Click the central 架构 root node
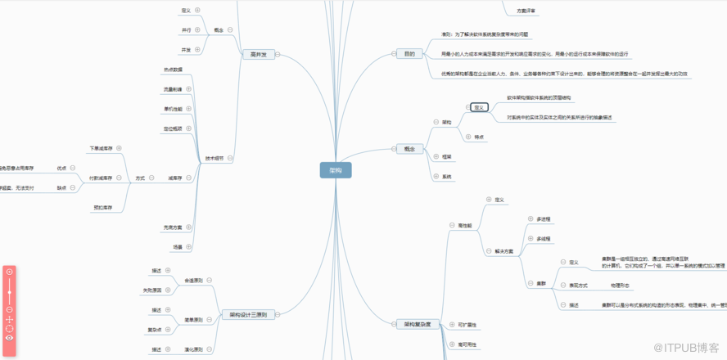click(x=336, y=170)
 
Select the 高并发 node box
click(x=258, y=55)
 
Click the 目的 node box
click(x=409, y=55)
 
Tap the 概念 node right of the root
click(x=409, y=149)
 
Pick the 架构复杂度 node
click(x=417, y=324)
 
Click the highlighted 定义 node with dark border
click(x=479, y=107)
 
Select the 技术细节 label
click(x=214, y=158)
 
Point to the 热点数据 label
click(x=173, y=70)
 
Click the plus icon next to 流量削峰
click(x=189, y=88)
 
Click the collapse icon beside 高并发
click(x=278, y=55)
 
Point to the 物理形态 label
click(x=620, y=285)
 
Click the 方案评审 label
click(x=527, y=11)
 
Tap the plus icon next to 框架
click(x=436, y=156)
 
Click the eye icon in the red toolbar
click(x=9, y=337)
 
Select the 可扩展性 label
click(x=467, y=325)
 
